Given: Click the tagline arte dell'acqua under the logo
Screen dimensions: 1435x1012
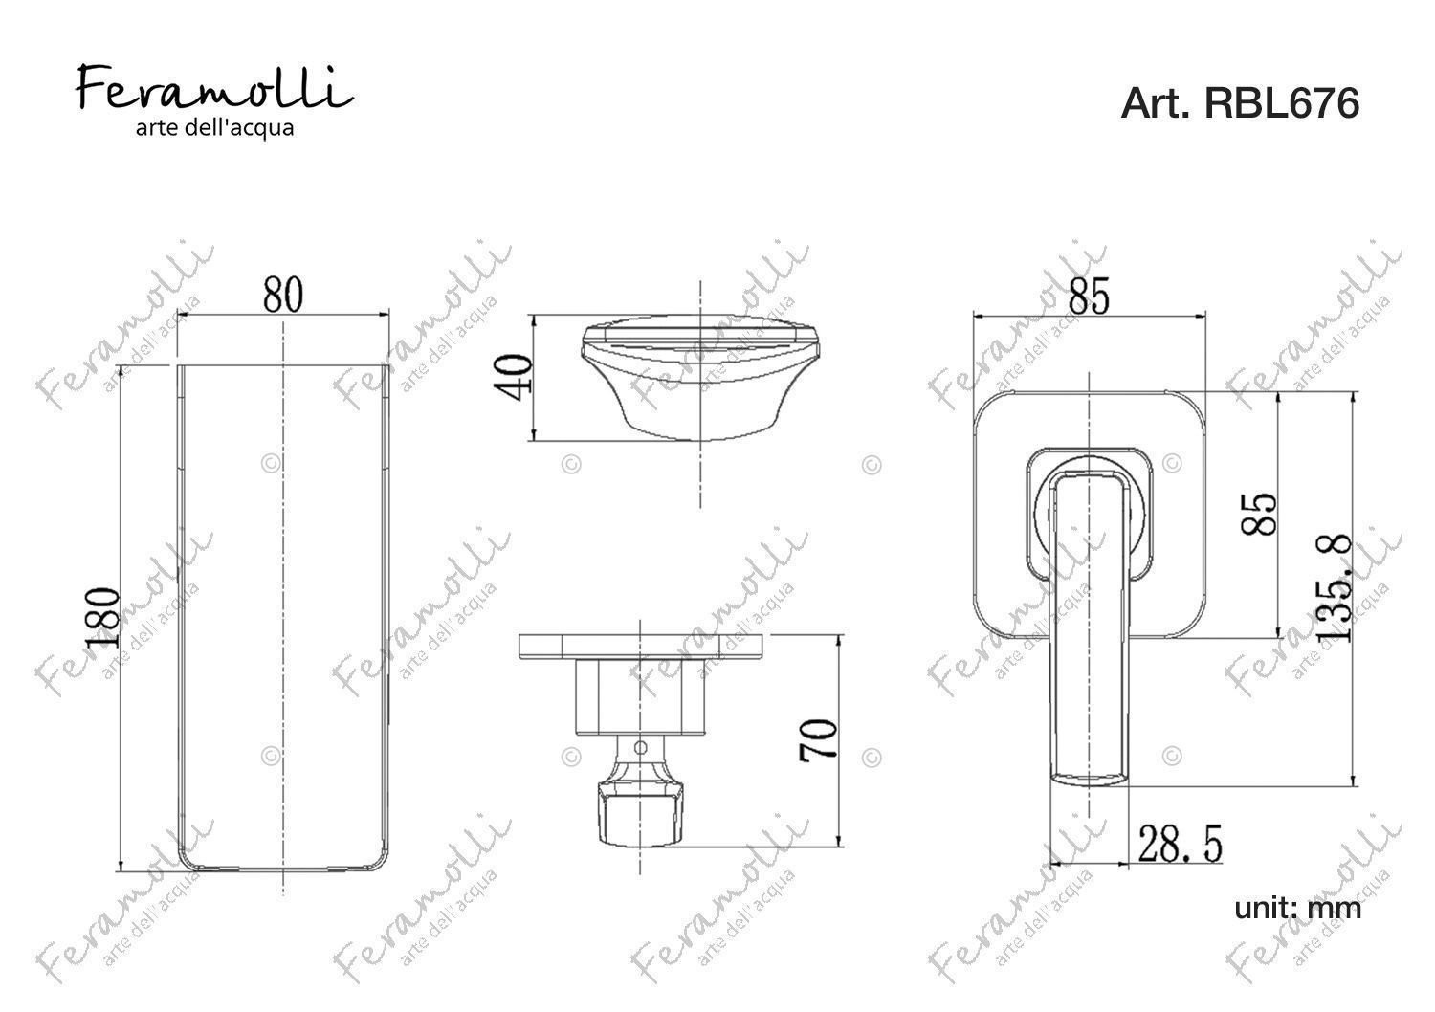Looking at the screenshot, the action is tap(214, 128).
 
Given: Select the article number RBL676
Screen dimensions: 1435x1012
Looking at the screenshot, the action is tap(1281, 103).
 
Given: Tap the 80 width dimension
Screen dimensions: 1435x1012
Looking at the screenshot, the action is tap(282, 295).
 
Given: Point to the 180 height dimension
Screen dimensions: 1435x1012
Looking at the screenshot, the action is tap(102, 619).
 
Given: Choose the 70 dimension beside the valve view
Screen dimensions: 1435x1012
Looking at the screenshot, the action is tap(819, 739).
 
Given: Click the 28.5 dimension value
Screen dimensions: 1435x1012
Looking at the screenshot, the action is tap(1180, 844).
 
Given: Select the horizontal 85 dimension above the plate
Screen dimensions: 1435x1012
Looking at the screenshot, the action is tap(1089, 297).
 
